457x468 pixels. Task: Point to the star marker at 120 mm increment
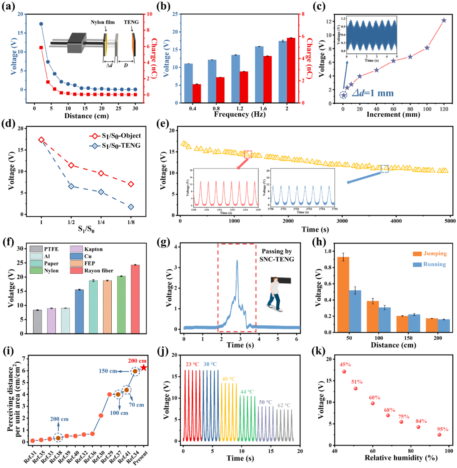click(x=443, y=20)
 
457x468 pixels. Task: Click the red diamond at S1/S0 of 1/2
click(x=71, y=165)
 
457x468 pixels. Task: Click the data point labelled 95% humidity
click(x=439, y=435)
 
